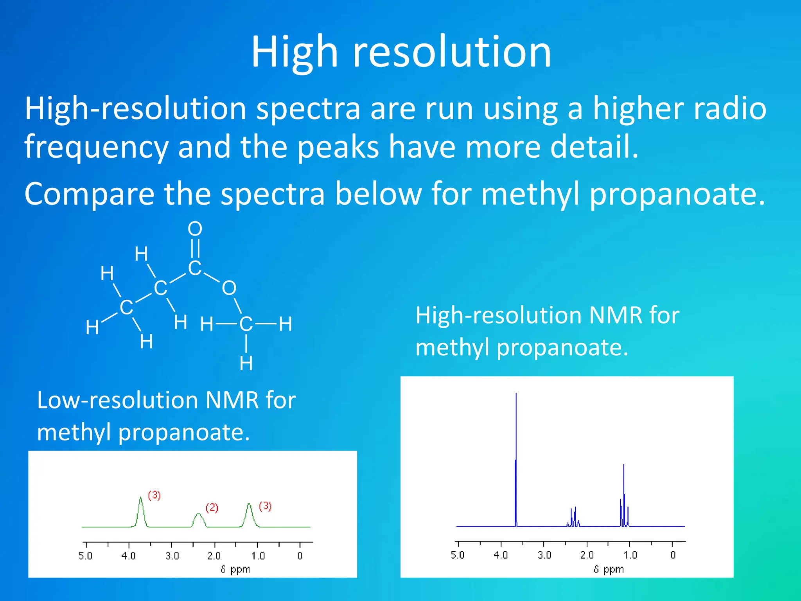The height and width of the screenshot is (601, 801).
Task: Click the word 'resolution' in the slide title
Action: point(452,52)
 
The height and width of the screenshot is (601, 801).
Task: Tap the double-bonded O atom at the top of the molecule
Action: point(195,229)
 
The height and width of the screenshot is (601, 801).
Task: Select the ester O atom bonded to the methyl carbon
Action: point(229,288)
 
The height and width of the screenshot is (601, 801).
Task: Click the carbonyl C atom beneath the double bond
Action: point(194,269)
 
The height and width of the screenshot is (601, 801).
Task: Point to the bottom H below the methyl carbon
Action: point(246,364)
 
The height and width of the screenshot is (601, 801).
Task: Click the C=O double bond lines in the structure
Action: point(195,248)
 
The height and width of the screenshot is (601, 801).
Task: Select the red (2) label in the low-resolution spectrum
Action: point(212,508)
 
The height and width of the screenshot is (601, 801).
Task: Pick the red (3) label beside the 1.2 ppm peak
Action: point(265,506)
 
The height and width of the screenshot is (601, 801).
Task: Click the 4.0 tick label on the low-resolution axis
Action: point(128,556)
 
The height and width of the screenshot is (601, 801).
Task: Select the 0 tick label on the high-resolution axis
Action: point(673,555)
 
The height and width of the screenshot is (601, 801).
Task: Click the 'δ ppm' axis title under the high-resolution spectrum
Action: point(609,569)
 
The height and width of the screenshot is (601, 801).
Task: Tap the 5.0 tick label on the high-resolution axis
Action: point(457,555)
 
